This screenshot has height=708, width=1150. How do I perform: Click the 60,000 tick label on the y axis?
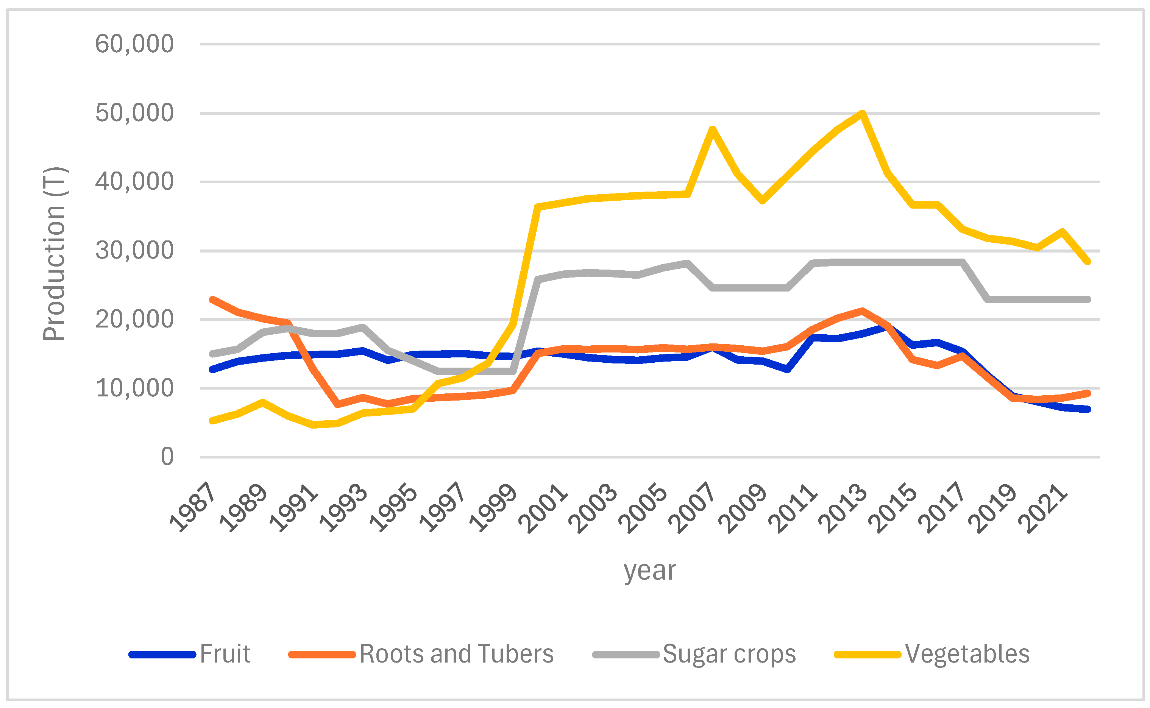[134, 44]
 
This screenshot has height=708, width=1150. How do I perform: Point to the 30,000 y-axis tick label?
[134, 251]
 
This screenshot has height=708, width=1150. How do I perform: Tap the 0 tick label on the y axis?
[167, 456]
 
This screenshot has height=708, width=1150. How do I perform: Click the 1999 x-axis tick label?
[493, 508]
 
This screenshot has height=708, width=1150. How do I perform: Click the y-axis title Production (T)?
[55, 253]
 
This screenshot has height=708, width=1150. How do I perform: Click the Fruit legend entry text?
[225, 654]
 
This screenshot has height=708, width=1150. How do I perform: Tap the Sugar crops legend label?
[729, 654]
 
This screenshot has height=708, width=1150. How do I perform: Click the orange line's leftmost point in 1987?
[212, 300]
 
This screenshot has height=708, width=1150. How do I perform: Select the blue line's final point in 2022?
[1087, 409]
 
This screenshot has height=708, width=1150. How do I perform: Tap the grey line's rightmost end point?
[1087, 299]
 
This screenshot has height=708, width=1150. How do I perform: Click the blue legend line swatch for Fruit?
[162, 655]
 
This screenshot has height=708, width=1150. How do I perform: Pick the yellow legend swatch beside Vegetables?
[867, 655]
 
